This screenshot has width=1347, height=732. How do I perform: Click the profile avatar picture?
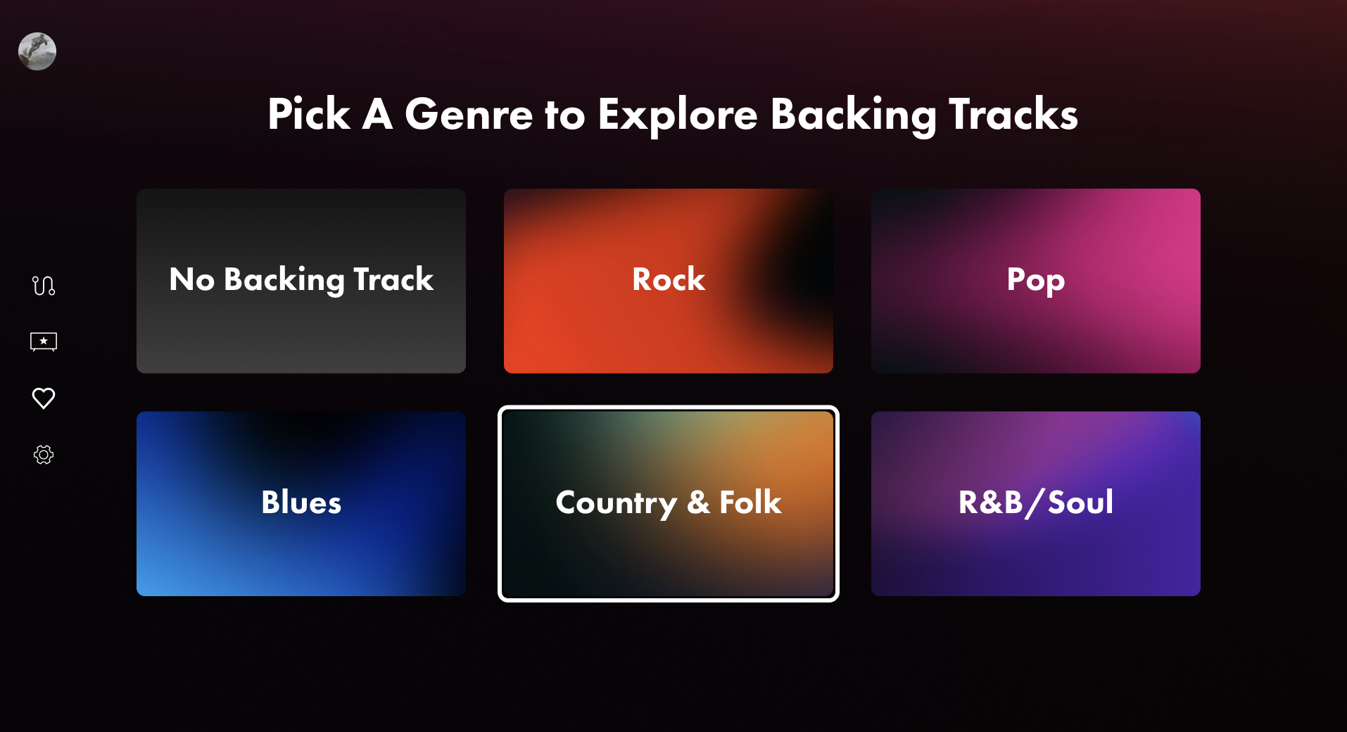(37, 51)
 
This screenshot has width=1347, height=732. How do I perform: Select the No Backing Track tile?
(301, 281)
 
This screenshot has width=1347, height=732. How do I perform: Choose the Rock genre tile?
(669, 281)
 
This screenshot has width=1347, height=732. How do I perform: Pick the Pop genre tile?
(1036, 281)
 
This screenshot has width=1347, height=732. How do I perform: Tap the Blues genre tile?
(301, 504)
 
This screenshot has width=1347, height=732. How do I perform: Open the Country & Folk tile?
(669, 504)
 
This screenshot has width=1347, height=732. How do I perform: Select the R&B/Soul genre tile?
(1036, 504)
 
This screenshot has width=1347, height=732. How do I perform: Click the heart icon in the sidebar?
(44, 398)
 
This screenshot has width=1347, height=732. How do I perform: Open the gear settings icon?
(44, 455)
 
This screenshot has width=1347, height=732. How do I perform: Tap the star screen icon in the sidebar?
(44, 341)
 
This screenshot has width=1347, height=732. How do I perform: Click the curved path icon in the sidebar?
(44, 285)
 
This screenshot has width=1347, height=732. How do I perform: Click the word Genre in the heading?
(469, 114)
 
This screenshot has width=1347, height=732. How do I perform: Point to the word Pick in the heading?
(309, 114)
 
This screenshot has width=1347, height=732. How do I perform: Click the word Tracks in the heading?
(1013, 114)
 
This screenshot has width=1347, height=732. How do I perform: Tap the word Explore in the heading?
(678, 115)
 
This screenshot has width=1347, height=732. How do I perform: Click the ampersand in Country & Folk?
(698, 503)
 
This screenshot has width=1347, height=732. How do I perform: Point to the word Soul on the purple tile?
(1080, 503)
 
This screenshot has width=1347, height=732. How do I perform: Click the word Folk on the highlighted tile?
(750, 503)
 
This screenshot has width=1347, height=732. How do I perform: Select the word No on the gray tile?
(192, 279)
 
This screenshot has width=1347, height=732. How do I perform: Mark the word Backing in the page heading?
(854, 115)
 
